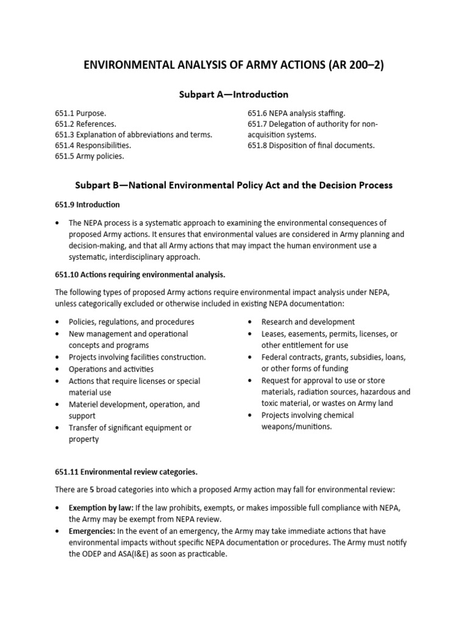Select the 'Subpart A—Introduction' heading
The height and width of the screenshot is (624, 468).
click(x=233, y=94)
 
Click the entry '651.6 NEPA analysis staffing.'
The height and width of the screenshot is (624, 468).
click(x=296, y=113)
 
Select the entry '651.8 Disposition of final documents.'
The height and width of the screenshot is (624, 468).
click(x=311, y=146)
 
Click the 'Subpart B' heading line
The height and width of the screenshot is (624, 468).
click(x=233, y=185)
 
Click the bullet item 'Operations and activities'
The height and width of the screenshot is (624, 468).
click(x=111, y=369)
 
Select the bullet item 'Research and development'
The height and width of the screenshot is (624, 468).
click(x=308, y=322)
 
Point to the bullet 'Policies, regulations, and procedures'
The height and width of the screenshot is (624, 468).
click(x=132, y=322)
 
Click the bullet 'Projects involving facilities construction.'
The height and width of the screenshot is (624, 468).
click(x=137, y=357)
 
